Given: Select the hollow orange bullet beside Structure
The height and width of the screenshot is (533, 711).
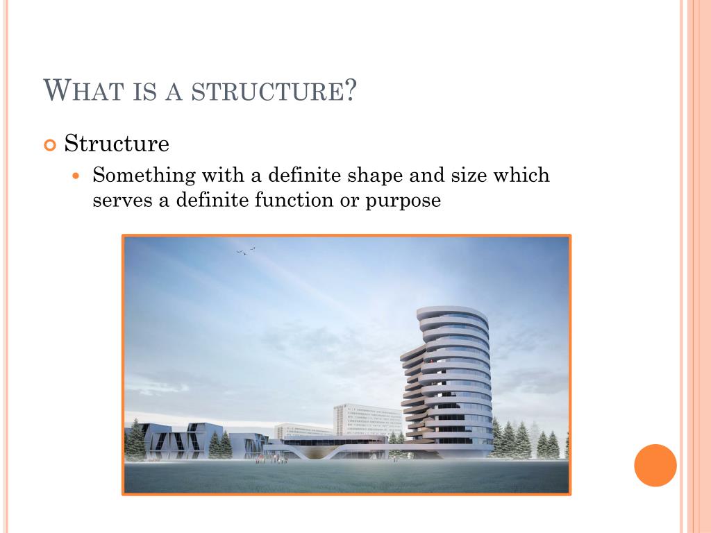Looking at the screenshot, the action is pyautogui.click(x=50, y=145).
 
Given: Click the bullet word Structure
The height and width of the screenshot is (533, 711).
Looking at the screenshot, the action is pyautogui.click(x=117, y=143).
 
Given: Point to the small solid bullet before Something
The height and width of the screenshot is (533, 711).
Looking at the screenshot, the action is pyautogui.click(x=76, y=176).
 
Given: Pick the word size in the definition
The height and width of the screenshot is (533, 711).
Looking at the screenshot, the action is pyautogui.click(x=469, y=175).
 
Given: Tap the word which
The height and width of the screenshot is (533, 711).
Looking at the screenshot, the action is pyautogui.click(x=521, y=175).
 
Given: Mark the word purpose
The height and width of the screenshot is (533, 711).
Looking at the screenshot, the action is pyautogui.click(x=403, y=202).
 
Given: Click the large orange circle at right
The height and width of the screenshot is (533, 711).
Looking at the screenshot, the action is pyautogui.click(x=655, y=466).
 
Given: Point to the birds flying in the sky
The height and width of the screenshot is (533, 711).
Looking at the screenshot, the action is pyautogui.click(x=246, y=251).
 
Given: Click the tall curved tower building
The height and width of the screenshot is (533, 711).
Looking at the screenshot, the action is pyautogui.click(x=448, y=382).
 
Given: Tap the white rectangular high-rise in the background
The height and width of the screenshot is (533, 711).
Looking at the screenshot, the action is pyautogui.click(x=368, y=420).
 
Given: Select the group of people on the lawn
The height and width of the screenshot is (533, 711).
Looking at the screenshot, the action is pyautogui.click(x=271, y=459).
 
